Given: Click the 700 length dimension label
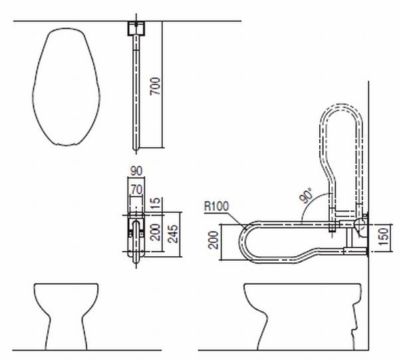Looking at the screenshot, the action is point(155,87).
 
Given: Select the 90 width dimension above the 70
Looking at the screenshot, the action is point(136,171).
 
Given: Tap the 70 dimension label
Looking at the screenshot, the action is point(136,190).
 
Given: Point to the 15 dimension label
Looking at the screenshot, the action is point(156,204).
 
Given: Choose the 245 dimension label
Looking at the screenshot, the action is point(173,234).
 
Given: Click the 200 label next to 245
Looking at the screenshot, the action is point(155,232).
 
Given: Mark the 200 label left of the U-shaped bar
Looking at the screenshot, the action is point(213,240).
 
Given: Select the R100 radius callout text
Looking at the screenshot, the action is point(217,206).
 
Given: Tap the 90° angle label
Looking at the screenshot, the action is point(306,195).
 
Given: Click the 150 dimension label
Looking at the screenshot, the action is point(384,236).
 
